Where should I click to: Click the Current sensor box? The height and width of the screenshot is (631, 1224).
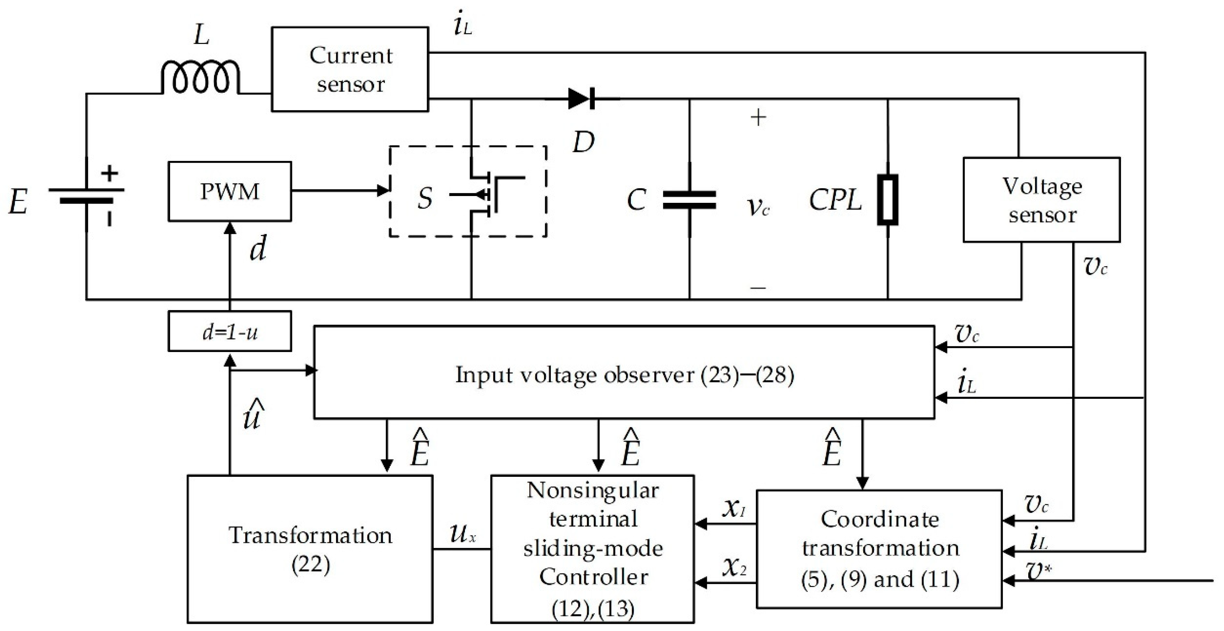pos(350,69)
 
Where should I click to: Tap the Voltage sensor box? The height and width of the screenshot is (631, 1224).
pos(1041,200)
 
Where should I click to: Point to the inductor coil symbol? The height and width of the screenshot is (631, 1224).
pos(200,77)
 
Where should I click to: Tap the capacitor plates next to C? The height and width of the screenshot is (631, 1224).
pos(689,200)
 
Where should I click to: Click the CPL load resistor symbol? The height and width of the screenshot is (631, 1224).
pos(888,200)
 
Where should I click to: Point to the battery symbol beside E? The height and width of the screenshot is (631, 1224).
pos(87,195)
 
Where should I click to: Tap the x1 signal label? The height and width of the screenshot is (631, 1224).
pos(734,508)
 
